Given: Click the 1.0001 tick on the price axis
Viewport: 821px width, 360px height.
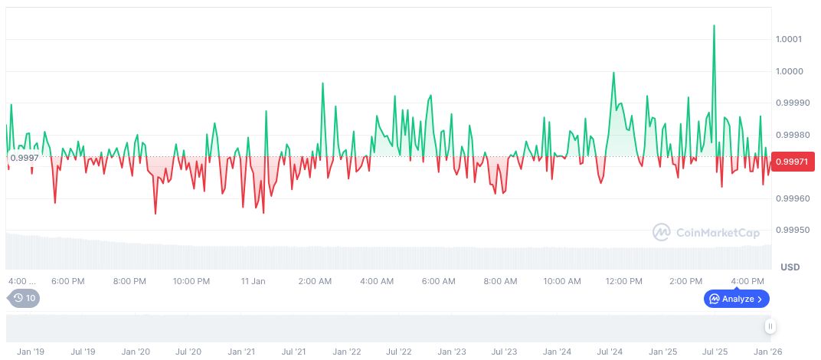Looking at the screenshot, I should pyautogui.click(x=790, y=39).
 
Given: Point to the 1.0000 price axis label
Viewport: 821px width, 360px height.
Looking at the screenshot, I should pyautogui.click(x=790, y=71).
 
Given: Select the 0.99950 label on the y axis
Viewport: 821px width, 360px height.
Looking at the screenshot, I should pyautogui.click(x=792, y=230).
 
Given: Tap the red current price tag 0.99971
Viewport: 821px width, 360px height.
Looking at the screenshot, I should pyautogui.click(x=790, y=162).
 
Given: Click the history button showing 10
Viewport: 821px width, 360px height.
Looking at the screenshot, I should pyautogui.click(x=24, y=298).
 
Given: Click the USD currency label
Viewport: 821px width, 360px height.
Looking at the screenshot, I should pyautogui.click(x=790, y=267).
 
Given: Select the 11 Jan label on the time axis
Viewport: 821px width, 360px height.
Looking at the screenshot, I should pyautogui.click(x=253, y=281).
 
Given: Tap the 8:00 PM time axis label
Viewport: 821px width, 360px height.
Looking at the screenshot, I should pyautogui.click(x=129, y=281).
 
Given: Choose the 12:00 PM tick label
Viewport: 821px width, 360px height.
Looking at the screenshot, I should pyautogui.click(x=623, y=281).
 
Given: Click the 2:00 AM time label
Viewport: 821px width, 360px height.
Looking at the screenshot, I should pyautogui.click(x=315, y=281).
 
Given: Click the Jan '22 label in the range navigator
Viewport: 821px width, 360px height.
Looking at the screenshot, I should pyautogui.click(x=346, y=352).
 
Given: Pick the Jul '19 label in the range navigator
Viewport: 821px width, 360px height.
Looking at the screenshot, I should pyautogui.click(x=83, y=352).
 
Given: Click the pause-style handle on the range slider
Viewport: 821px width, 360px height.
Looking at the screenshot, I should pyautogui.click(x=770, y=326).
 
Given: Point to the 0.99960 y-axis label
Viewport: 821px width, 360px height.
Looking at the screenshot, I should pyautogui.click(x=792, y=198).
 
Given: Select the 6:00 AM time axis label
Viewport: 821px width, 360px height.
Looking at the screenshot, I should pyautogui.click(x=439, y=281).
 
